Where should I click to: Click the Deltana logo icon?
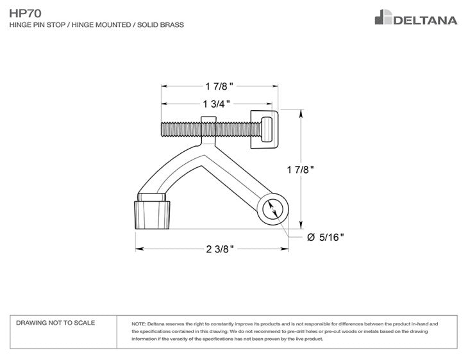(x=383, y=17)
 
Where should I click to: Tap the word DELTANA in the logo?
(x=425, y=20)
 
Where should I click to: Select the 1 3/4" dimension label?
(x=216, y=104)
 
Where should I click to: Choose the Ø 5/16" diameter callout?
(x=326, y=237)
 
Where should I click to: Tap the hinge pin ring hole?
(x=271, y=209)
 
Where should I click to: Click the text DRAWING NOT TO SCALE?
(x=55, y=323)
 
